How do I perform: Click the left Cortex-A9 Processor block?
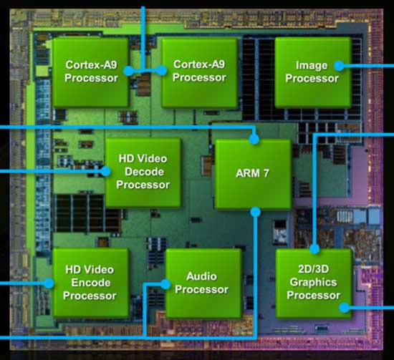click(91, 71)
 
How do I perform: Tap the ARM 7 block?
click(252, 172)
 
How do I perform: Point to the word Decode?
click(143, 172)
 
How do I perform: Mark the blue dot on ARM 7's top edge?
click(254, 140)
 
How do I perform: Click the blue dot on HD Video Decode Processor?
click(105, 171)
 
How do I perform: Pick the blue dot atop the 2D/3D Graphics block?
click(314, 249)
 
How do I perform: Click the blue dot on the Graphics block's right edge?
click(345, 308)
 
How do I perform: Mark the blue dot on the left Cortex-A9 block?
click(128, 70)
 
